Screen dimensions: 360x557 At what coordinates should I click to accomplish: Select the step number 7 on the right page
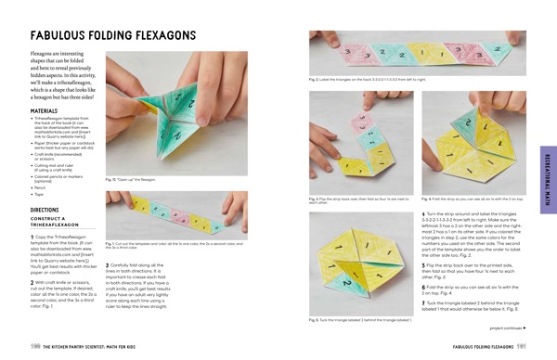click(x=424, y=302)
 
